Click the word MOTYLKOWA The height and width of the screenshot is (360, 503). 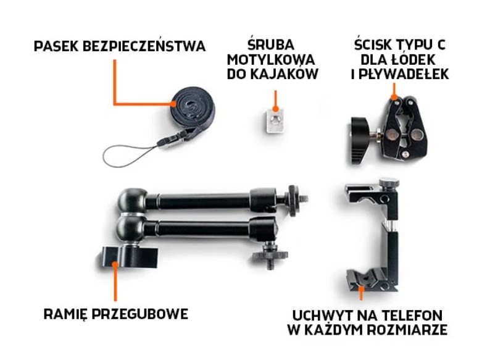(x=272, y=60)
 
